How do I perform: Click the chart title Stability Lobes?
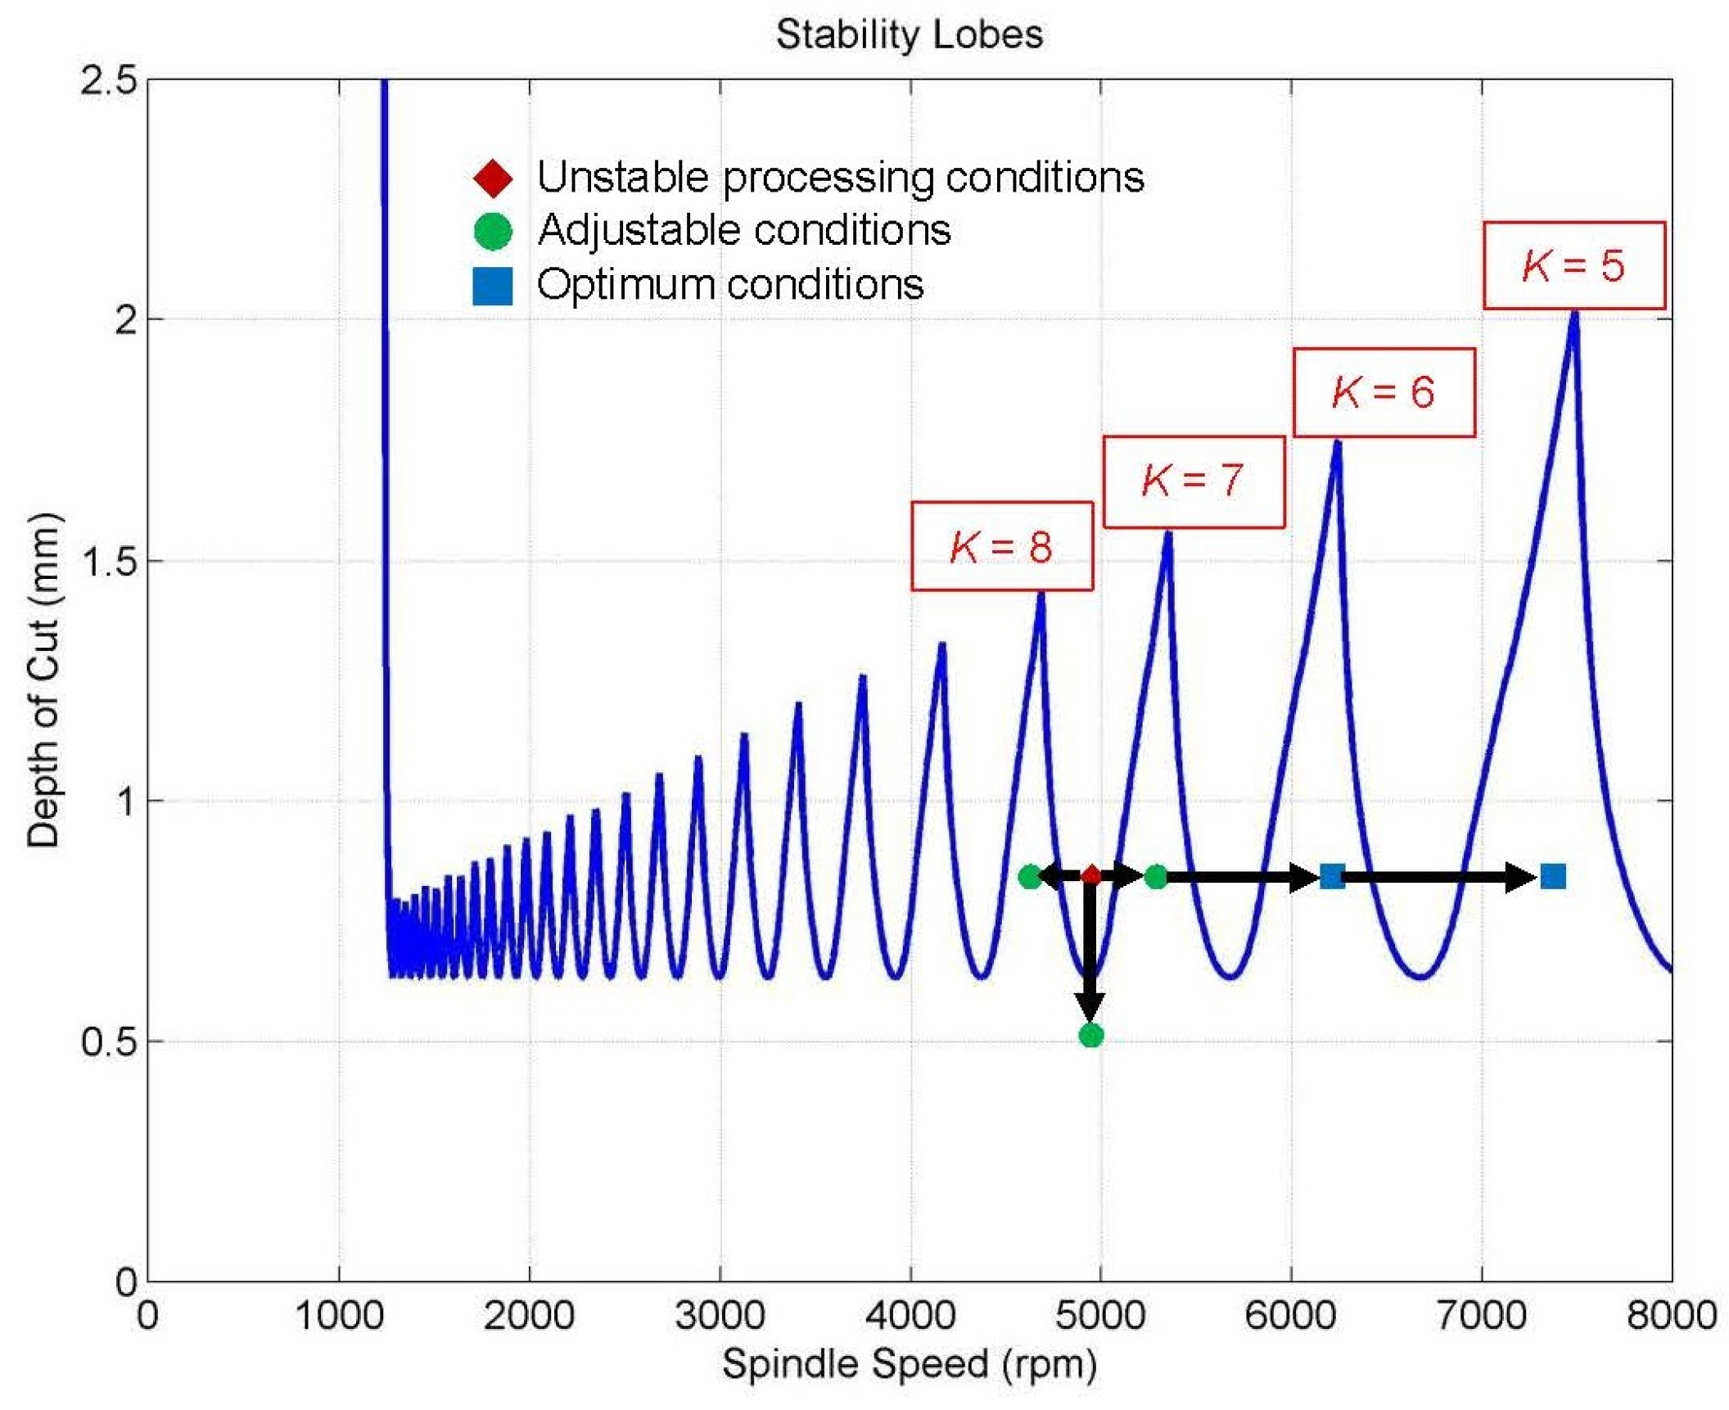click(x=909, y=35)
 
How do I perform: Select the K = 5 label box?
click(x=1573, y=265)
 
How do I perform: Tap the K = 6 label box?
click(x=1383, y=392)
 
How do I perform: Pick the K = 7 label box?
click(x=1193, y=481)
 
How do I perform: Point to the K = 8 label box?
click(x=1001, y=546)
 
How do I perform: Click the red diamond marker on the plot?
click(x=1090, y=876)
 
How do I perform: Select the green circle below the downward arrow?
click(x=1090, y=1035)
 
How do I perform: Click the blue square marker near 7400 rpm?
click(x=1552, y=876)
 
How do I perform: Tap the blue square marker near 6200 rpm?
click(x=1331, y=876)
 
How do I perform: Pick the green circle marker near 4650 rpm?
click(x=1030, y=876)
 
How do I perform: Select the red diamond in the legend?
click(x=493, y=178)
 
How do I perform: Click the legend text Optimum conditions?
click(x=729, y=285)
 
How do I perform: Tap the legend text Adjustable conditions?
click(x=743, y=230)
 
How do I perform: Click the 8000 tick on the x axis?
click(x=1670, y=1316)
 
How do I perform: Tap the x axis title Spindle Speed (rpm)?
click(x=909, y=1365)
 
